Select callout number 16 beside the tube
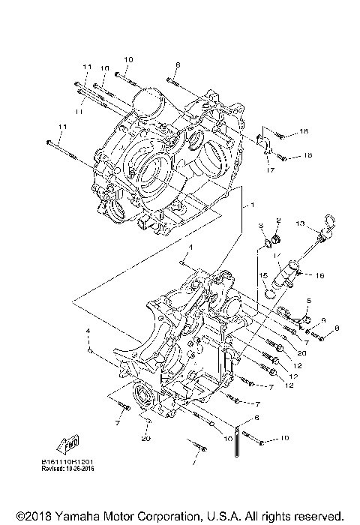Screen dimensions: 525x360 319,275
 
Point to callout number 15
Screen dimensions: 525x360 263,276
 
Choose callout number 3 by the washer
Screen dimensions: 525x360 260,226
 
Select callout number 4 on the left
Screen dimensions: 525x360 88,331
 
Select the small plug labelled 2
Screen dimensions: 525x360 275,239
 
